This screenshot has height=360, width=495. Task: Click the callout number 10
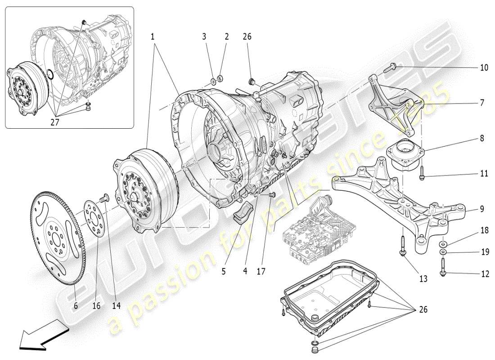point(484,68)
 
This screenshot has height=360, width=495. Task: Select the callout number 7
point(481,103)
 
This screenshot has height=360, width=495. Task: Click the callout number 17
point(261,271)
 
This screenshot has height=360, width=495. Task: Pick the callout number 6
point(76,306)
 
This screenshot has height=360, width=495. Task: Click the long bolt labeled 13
point(402,246)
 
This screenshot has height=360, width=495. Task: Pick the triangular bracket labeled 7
point(396,106)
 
